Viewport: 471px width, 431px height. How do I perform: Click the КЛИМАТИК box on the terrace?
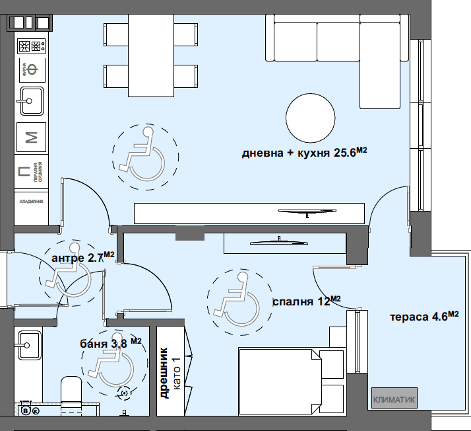coord(394,399)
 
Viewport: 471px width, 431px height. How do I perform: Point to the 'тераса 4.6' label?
coord(422,316)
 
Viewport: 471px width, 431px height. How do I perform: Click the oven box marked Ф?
coord(30,69)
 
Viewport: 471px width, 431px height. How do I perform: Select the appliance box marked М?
coord(30,137)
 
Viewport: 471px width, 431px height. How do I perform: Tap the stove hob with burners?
coord(30,46)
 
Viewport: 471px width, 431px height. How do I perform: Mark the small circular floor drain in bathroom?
coord(123,393)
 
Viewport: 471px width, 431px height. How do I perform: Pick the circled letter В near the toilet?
coord(26,411)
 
